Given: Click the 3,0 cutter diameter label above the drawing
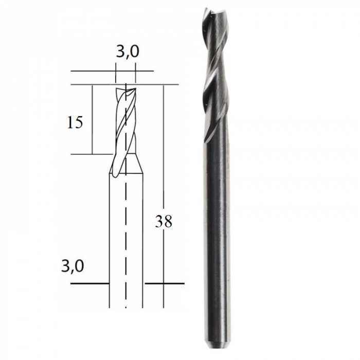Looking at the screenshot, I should (x=127, y=52).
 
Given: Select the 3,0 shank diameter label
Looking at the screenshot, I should (x=72, y=266).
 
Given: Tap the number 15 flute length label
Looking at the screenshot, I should (x=75, y=123).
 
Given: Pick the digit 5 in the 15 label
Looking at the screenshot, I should (x=79, y=123).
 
